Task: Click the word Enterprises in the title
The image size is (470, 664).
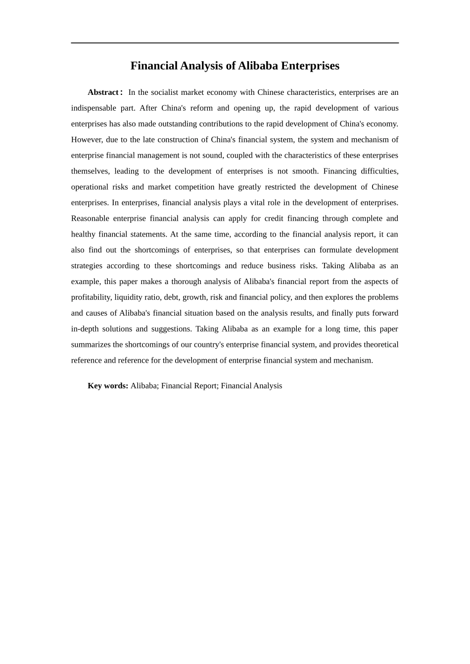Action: point(310,66)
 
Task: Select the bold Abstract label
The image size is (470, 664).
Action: point(103,92)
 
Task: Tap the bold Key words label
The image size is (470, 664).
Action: point(108,386)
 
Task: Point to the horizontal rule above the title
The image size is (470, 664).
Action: point(235,43)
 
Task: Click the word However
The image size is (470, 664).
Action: point(86,140)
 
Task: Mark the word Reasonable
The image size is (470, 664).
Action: point(90,218)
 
